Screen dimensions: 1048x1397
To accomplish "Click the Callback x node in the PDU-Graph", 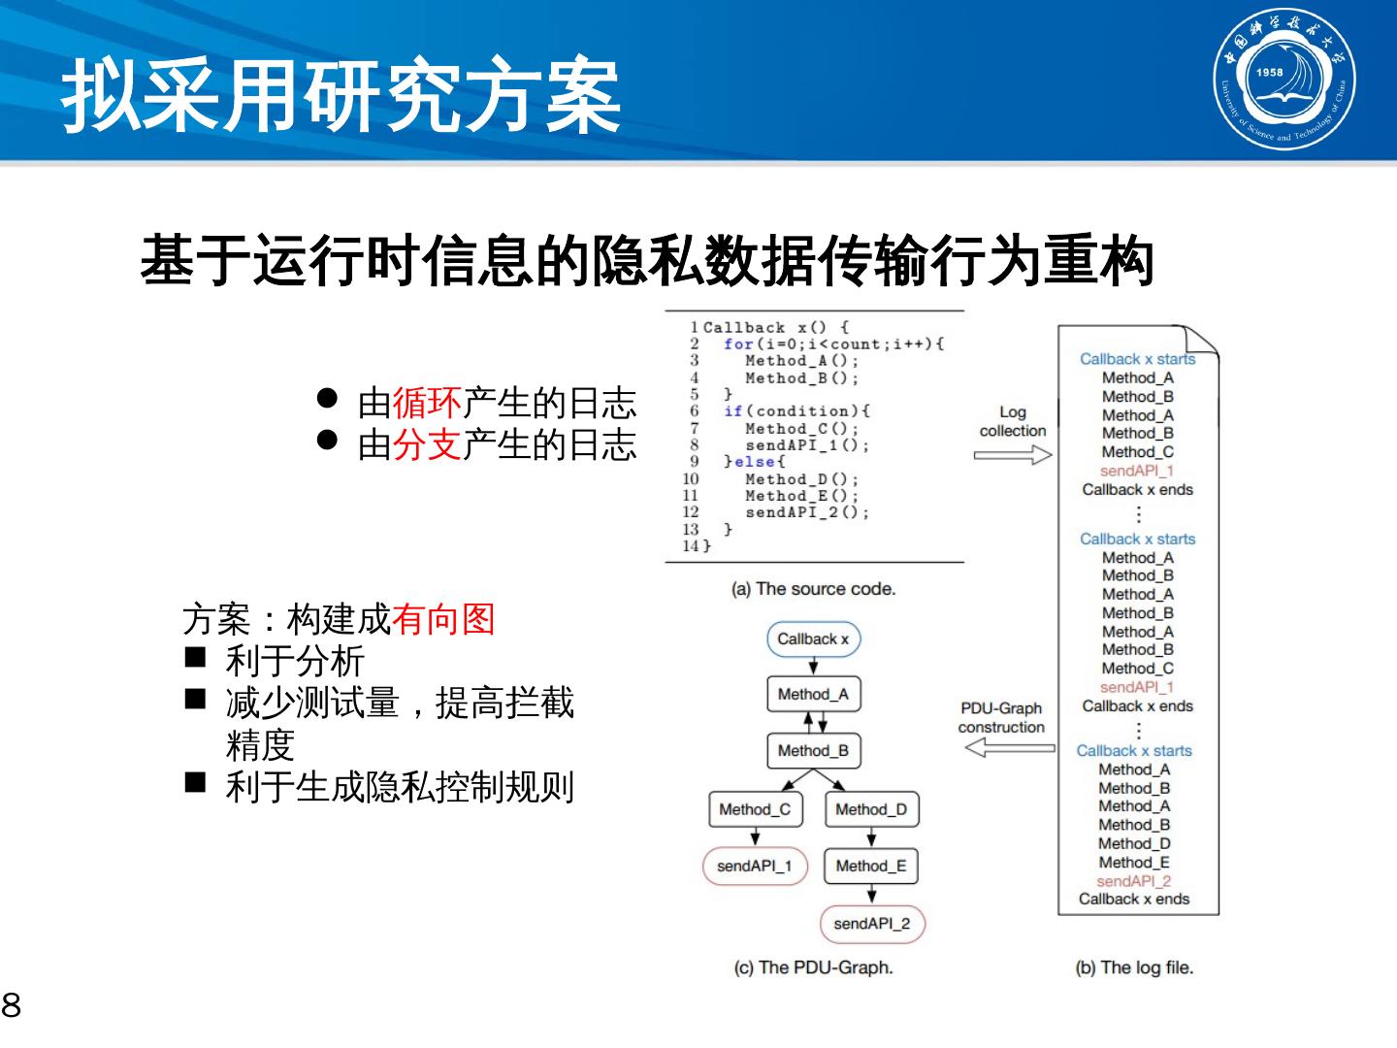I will click(x=813, y=639).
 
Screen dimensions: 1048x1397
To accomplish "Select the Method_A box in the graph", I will click(x=813, y=695).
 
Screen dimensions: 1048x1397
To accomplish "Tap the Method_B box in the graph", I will click(x=813, y=751).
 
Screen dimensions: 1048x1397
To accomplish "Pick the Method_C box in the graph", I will click(x=755, y=809).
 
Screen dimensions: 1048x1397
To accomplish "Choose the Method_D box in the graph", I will click(x=871, y=809).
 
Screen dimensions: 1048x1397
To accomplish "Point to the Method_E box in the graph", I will click(x=871, y=866).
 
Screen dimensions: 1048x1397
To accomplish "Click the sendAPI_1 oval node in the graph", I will click(x=755, y=866).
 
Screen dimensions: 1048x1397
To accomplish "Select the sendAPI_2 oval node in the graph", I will click(x=872, y=923).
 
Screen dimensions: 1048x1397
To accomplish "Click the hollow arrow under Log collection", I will click(x=1013, y=455).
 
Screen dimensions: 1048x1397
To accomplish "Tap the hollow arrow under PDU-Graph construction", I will click(x=1010, y=747).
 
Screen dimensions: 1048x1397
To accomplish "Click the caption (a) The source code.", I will click(x=813, y=589).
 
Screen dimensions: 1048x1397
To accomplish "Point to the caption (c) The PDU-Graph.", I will click(x=813, y=967).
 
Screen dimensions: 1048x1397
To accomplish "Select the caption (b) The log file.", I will click(x=1134, y=967).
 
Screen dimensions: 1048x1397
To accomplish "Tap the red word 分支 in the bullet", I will click(x=427, y=444).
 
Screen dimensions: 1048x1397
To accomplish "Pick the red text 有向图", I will click(x=443, y=618).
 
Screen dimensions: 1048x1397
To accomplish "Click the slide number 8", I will click(x=11, y=1005).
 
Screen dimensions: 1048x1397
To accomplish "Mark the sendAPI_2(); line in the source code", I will click(x=807, y=512).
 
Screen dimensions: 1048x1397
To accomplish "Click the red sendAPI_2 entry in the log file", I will click(x=1134, y=881).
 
